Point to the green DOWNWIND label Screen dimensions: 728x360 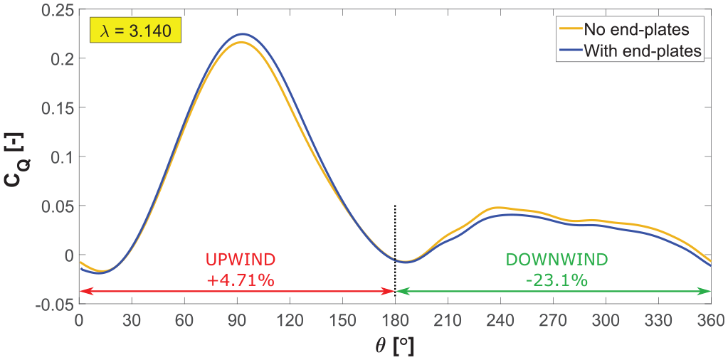click(x=556, y=260)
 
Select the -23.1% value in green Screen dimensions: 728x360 click(x=556, y=280)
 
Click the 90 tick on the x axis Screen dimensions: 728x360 click(x=237, y=320)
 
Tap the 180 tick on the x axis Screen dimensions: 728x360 click(x=395, y=320)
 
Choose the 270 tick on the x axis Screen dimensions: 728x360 click(x=553, y=320)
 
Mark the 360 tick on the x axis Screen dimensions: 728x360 click(x=710, y=320)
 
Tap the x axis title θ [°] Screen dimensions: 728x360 click(x=395, y=345)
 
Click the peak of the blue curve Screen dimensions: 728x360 click(x=242, y=34)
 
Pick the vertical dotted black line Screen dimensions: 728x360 click(x=395, y=250)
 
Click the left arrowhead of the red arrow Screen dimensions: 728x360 click(x=83, y=291)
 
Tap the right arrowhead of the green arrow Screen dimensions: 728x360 click(x=707, y=291)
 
